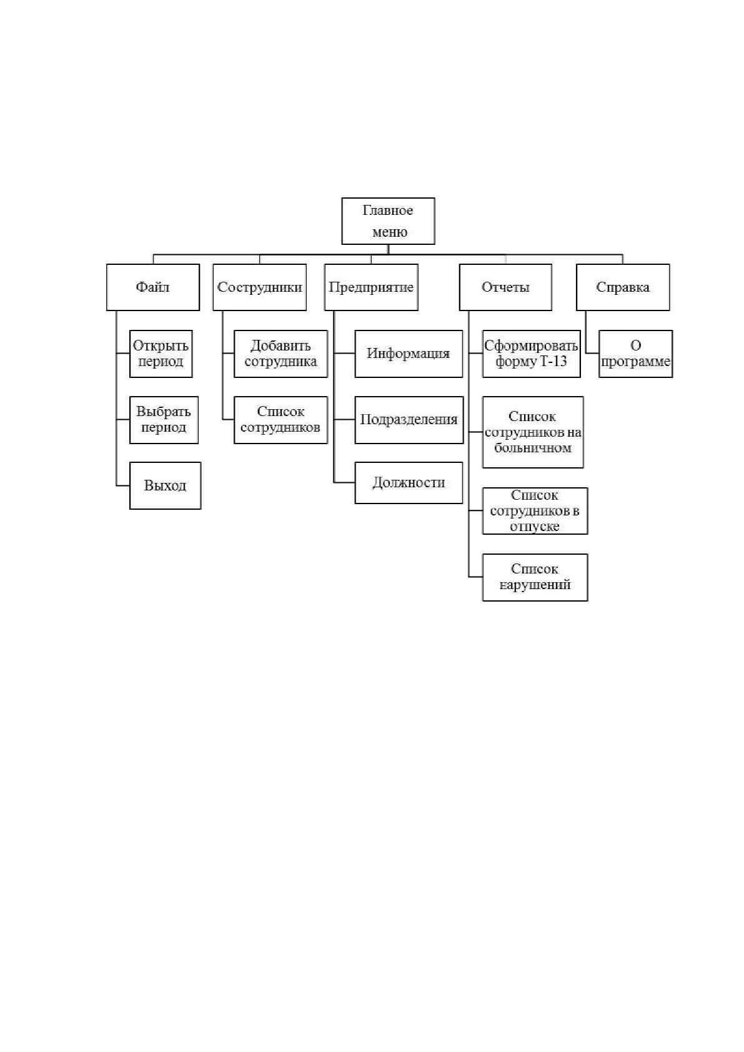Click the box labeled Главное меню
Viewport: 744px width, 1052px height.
pyautogui.click(x=388, y=221)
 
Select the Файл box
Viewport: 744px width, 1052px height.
pyautogui.click(x=153, y=287)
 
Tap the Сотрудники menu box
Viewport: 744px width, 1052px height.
pyautogui.click(x=260, y=287)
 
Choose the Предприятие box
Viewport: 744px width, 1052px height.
pyautogui.click(x=371, y=287)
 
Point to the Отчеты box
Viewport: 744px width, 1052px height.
pyautogui.click(x=505, y=287)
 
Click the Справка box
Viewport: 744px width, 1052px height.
pyautogui.click(x=623, y=287)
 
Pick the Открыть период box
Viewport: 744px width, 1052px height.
pyautogui.click(x=161, y=354)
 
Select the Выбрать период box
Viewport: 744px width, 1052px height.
pyautogui.click(x=164, y=420)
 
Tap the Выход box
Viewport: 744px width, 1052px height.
pyautogui.click(x=166, y=485)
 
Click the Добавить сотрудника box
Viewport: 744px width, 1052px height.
pyautogui.click(x=281, y=354)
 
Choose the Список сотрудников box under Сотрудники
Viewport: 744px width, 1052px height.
pyautogui.click(x=281, y=420)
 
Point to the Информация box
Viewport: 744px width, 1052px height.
pyautogui.click(x=409, y=354)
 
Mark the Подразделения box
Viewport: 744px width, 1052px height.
pyautogui.click(x=409, y=420)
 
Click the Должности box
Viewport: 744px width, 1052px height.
pyautogui.click(x=409, y=483)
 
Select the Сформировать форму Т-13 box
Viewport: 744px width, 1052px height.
pyautogui.click(x=531, y=354)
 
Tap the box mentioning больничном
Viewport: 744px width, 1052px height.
pyautogui.click(x=533, y=432)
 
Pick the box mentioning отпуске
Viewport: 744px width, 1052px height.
pyautogui.click(x=535, y=511)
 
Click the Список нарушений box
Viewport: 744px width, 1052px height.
pyautogui.click(x=535, y=577)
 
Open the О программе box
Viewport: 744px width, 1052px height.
pyautogui.click(x=635, y=354)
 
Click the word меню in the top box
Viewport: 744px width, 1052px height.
pyautogui.click(x=389, y=232)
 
